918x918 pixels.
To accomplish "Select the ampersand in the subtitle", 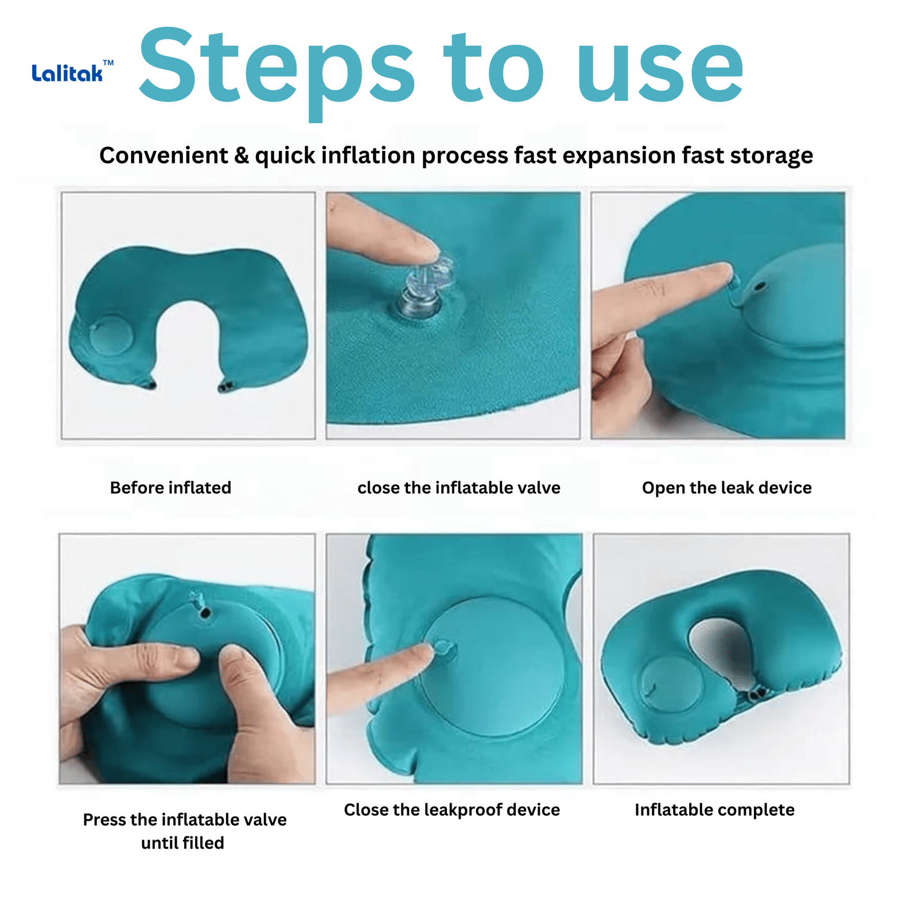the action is [x=242, y=155].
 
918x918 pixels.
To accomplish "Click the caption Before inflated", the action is [x=170, y=488].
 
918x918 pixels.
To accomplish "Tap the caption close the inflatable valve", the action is [x=459, y=488].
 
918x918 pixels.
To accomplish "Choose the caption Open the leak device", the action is [x=727, y=488].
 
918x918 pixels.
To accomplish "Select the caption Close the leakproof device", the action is [x=452, y=810].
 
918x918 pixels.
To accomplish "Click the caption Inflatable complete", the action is [x=714, y=810].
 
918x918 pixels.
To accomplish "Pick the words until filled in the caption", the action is [x=182, y=843].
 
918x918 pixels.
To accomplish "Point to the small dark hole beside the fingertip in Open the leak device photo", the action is [x=760, y=285].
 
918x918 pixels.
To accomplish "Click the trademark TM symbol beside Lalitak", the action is [x=108, y=63].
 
